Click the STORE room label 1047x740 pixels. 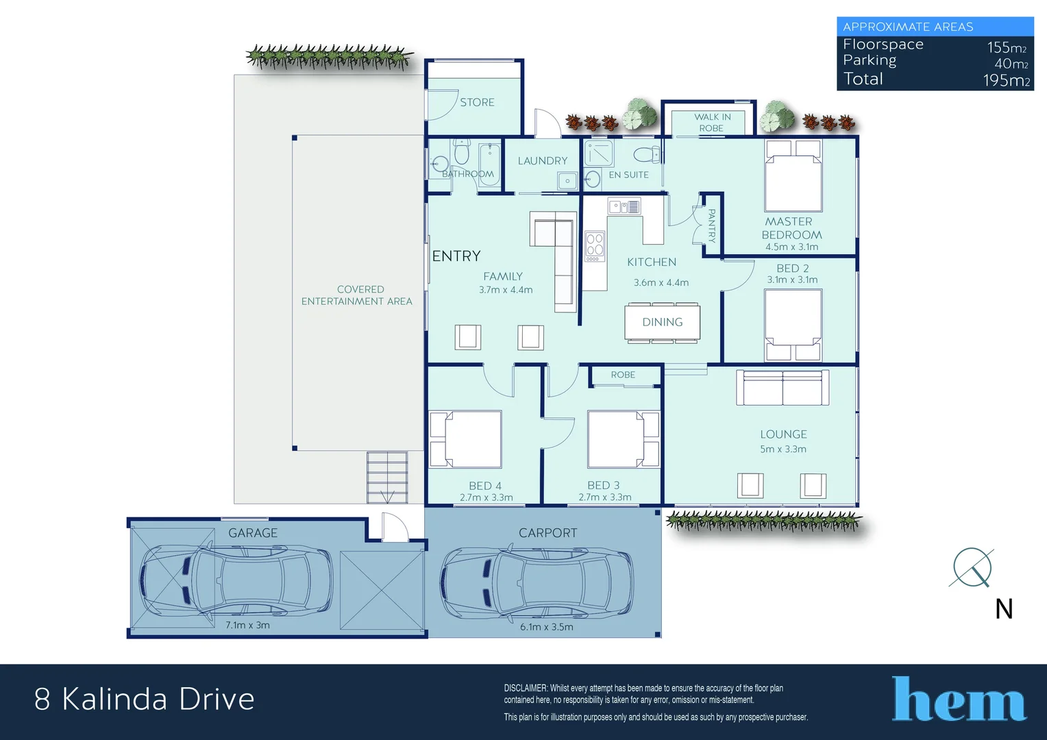[x=477, y=102]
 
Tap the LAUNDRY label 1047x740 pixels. [x=542, y=161]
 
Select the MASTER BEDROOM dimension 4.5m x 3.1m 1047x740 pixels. [x=791, y=247]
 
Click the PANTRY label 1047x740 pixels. [x=712, y=225]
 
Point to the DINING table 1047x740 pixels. [x=662, y=322]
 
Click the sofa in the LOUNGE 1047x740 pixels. [x=783, y=388]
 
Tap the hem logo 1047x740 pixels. [x=959, y=700]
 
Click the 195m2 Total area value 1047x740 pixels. [x=1006, y=80]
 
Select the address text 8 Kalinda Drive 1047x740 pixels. [x=145, y=700]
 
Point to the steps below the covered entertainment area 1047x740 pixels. [x=387, y=477]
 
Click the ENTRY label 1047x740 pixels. [x=456, y=256]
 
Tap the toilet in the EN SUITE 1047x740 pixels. [x=646, y=154]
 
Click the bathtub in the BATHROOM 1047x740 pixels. [x=489, y=164]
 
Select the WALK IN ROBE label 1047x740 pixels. [x=712, y=123]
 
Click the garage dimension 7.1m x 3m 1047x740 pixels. [x=247, y=626]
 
